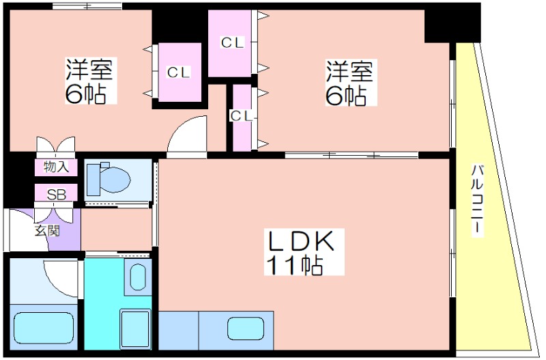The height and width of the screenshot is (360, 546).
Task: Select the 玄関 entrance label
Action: [47, 231]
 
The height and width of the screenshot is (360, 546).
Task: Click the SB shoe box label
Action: [56, 194]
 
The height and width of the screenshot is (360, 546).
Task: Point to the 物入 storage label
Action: [55, 167]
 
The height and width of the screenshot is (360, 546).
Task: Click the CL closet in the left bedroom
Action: [179, 72]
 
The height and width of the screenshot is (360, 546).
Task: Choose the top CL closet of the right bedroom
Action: [232, 42]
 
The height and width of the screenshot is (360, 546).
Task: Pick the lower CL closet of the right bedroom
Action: [242, 116]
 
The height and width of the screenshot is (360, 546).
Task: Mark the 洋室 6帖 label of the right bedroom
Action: [348, 84]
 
